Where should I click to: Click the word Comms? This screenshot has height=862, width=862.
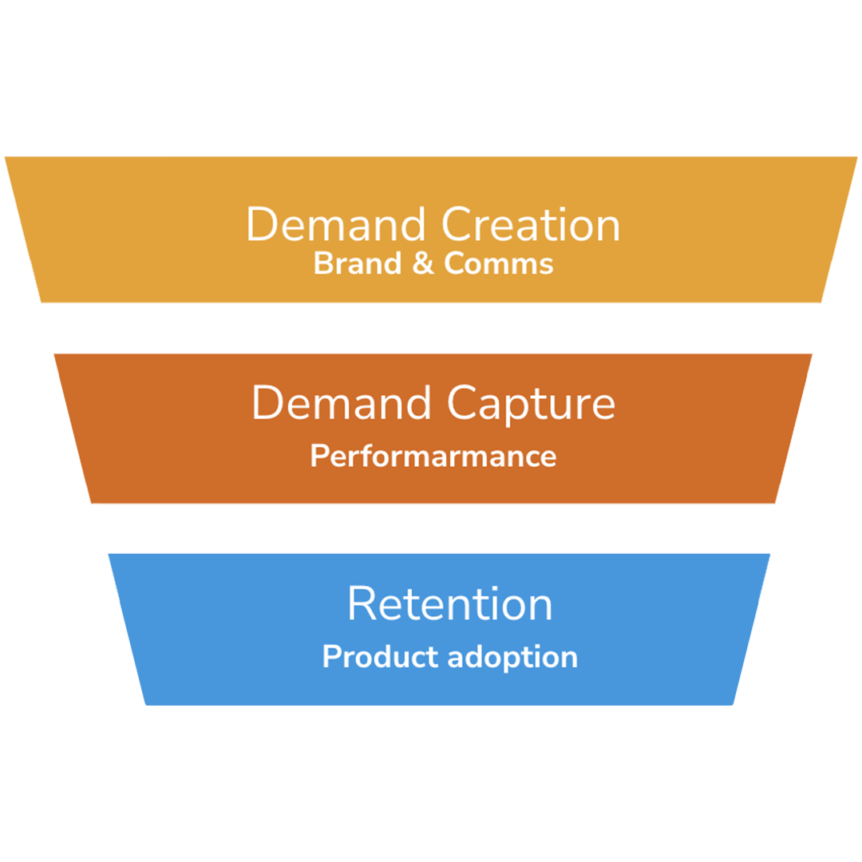point(498,264)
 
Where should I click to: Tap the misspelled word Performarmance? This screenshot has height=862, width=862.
point(433,457)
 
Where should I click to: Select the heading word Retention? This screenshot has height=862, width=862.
point(449,604)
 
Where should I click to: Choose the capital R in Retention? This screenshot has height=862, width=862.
point(362,604)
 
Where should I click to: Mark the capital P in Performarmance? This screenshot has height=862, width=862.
point(318,456)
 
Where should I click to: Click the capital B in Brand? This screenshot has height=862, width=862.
point(322,263)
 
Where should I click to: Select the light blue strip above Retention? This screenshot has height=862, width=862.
point(439,541)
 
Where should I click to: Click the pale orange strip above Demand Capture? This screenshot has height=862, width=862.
point(431,342)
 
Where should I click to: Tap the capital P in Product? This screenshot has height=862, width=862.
point(331,657)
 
